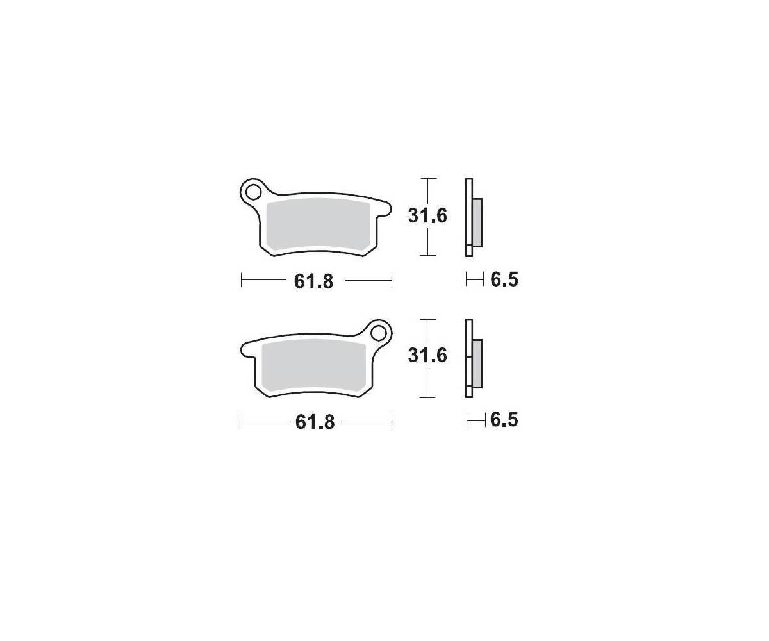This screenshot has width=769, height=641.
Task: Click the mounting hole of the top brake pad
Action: (x=254, y=192)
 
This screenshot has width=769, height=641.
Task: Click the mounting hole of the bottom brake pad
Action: (x=378, y=333)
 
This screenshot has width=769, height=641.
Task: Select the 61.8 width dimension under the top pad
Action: (x=313, y=282)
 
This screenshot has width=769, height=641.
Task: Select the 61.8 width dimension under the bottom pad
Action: (x=315, y=422)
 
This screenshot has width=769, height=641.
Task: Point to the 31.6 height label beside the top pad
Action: (x=427, y=216)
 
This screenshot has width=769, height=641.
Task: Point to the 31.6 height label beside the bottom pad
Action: (x=427, y=356)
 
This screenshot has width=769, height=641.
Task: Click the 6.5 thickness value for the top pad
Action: (x=504, y=280)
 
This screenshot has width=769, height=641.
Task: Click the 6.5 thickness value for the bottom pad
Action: (x=504, y=420)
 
